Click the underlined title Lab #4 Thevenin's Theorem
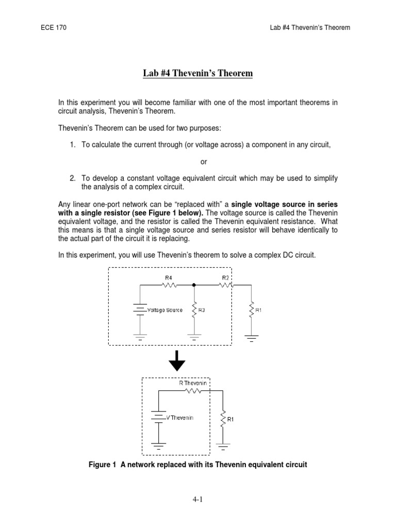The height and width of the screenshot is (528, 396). coord(197,73)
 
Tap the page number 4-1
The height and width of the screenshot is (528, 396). coord(197,500)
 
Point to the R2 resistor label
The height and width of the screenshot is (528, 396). coord(225,277)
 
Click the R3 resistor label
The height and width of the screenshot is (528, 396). coord(202,310)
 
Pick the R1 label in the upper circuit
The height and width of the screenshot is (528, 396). coord(258,310)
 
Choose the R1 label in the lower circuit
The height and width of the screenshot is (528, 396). coord(230,419)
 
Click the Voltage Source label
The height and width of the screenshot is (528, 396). coord(164,310)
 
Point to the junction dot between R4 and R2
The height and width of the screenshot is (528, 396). coord(194,284)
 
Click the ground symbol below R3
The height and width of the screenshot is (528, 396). coord(194,337)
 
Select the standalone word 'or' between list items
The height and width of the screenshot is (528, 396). coord(204,162)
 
